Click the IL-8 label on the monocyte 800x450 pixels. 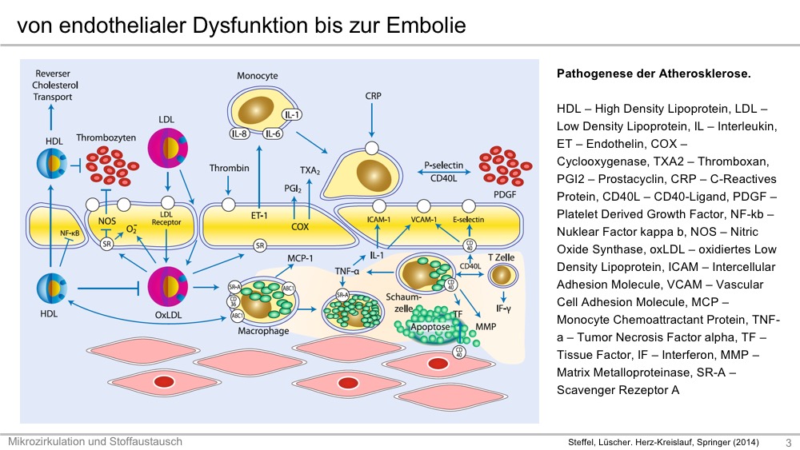click(x=238, y=134)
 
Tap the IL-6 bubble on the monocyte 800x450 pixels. click(x=273, y=134)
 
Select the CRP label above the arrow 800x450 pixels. click(x=373, y=96)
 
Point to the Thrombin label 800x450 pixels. click(x=229, y=168)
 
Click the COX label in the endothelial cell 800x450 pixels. click(x=300, y=227)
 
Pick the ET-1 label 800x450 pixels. click(x=259, y=216)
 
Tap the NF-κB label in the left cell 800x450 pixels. click(x=70, y=233)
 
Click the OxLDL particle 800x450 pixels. click(x=167, y=286)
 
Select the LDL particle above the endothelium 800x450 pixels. click(x=167, y=149)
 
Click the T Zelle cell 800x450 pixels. click(x=502, y=276)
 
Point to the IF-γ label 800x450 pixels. click(x=503, y=309)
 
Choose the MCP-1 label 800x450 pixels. click(x=300, y=258)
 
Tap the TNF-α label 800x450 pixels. click(x=347, y=271)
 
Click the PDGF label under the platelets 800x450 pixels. click(x=505, y=195)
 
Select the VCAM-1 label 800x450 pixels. click(x=423, y=220)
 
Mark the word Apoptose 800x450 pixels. click(x=430, y=327)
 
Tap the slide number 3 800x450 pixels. click(x=788, y=442)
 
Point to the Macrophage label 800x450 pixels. click(x=263, y=331)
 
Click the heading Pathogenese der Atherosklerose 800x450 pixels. click(x=654, y=74)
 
